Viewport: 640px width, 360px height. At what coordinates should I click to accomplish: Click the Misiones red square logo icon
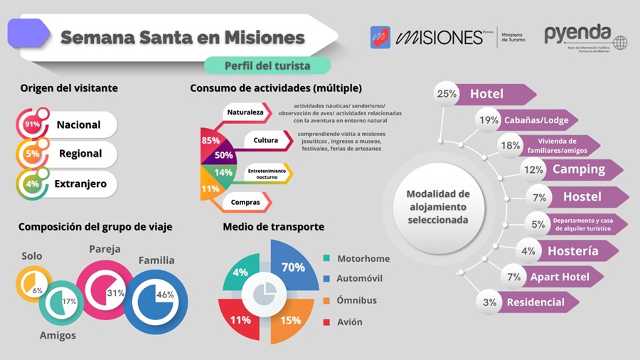click(380, 37)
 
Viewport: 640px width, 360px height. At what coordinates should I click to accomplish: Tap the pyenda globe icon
click(620, 43)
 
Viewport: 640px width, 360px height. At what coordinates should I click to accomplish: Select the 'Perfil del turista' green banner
click(267, 65)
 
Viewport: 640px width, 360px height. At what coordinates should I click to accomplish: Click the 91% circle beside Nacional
click(32, 125)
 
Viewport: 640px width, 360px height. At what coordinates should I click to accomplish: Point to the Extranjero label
click(80, 184)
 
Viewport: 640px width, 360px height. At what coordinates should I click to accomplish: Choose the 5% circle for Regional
click(32, 154)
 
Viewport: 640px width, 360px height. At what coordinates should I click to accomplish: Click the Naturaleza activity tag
click(245, 112)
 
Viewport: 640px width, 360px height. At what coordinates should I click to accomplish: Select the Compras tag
click(245, 202)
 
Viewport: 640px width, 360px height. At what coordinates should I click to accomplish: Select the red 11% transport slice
click(240, 319)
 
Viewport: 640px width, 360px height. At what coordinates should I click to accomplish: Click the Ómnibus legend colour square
click(326, 300)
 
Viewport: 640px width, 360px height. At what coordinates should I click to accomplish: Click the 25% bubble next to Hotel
click(447, 94)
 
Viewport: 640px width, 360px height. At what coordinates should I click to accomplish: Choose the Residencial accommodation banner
click(535, 302)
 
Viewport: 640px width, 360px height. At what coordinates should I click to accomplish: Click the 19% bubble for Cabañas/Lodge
click(489, 120)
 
